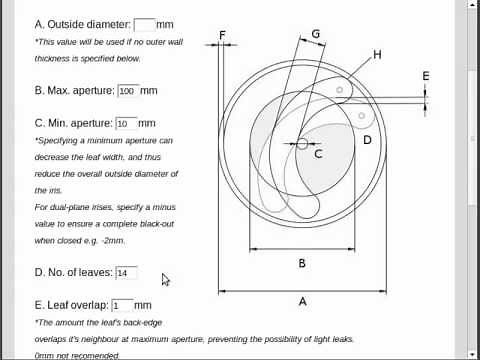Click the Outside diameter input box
(x=144, y=24)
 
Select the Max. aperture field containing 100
(x=127, y=91)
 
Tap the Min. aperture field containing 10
(x=126, y=124)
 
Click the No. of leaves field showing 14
(x=126, y=273)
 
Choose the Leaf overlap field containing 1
(x=122, y=305)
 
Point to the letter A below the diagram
(x=303, y=301)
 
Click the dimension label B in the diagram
(x=302, y=263)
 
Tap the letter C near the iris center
(x=318, y=154)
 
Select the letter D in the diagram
(x=367, y=140)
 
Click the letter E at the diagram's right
(x=426, y=76)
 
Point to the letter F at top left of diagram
(x=222, y=37)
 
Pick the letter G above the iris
(x=316, y=34)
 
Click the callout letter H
(x=377, y=55)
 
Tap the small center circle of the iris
(x=302, y=144)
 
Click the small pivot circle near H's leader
(x=340, y=91)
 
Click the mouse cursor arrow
(x=165, y=280)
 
